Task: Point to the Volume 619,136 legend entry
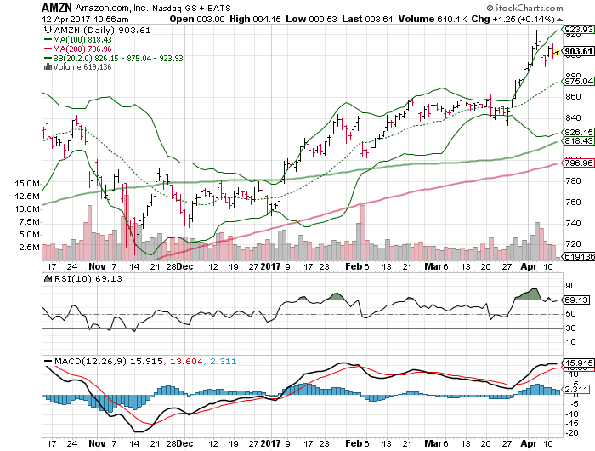82,68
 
